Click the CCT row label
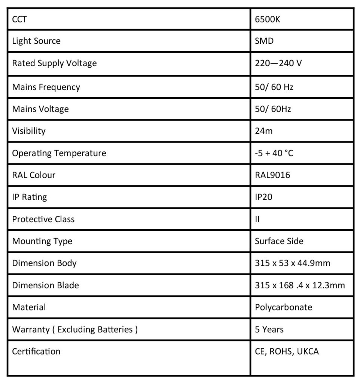[19, 19]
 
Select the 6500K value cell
[267, 19]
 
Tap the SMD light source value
[264, 41]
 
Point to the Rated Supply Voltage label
[54, 63]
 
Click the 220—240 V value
[278, 63]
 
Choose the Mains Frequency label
[46, 87]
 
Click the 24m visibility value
[264, 131]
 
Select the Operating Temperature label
[59, 153]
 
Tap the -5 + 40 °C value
[274, 153]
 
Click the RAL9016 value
[272, 175]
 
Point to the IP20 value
[263, 197]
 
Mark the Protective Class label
[43, 219]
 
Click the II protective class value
[257, 219]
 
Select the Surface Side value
[279, 241]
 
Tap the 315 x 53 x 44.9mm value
[292, 263]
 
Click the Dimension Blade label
[45, 285]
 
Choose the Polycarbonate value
[283, 307]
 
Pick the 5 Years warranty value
[269, 329]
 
